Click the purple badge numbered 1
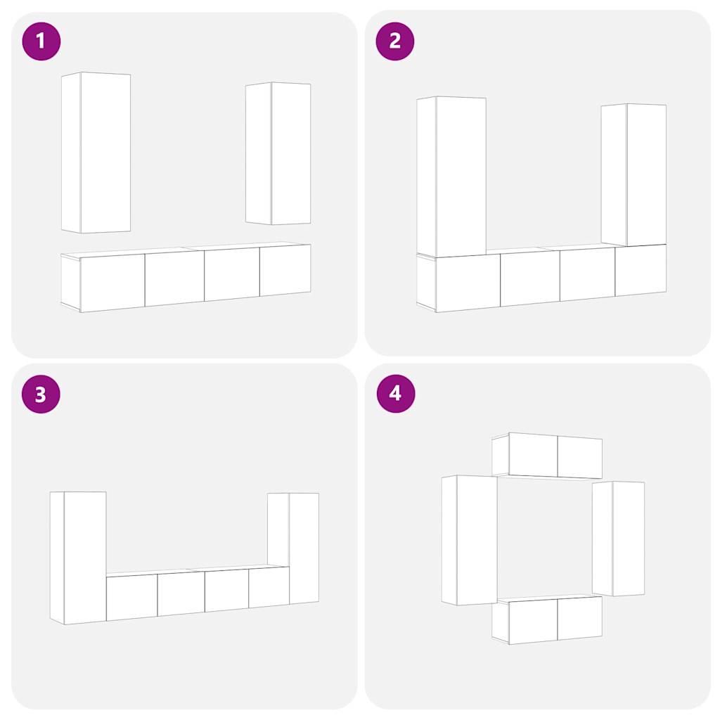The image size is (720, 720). pos(41,41)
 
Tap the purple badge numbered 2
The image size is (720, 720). pos(395,41)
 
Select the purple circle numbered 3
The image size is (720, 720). pos(41,394)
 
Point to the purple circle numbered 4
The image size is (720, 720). pos(396,394)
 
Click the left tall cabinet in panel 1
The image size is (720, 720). pos(96,153)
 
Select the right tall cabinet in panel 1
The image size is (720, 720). pos(278,153)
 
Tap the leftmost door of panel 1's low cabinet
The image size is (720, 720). pos(112,283)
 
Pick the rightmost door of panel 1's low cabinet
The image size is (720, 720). pos(285,270)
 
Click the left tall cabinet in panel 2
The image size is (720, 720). pos(451,176)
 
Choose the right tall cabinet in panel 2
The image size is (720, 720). pos(634,175)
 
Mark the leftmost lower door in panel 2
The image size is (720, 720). pos(468,283)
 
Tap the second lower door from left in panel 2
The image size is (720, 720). pos(530,278)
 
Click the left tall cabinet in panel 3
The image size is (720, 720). pos(78,558)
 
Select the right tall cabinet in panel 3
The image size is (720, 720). pos(293,548)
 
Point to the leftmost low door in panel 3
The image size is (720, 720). pos(131,598)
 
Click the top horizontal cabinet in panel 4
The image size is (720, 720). pos(547,456)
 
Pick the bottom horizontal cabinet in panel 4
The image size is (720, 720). pos(547,620)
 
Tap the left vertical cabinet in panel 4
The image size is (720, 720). pos(470,540)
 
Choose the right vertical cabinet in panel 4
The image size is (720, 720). pos(619,539)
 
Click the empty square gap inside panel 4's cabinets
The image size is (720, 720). pos(545,538)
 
